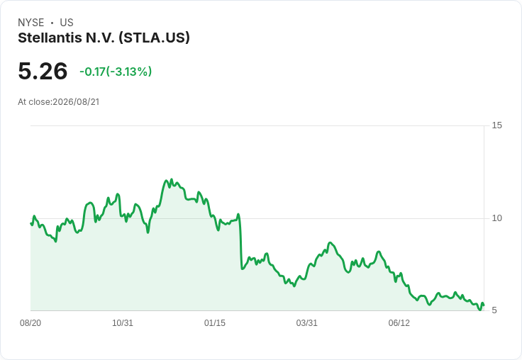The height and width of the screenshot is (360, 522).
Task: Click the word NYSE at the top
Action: tap(31, 23)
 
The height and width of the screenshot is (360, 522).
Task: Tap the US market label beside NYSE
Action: tap(67, 23)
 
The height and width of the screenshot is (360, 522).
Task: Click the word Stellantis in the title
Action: tap(50, 38)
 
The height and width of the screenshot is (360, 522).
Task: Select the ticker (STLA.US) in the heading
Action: tap(154, 38)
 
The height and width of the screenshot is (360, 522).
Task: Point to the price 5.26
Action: tap(43, 71)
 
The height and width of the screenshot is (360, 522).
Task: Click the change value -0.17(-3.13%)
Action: tap(116, 72)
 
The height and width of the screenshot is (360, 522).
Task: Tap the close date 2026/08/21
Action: tap(76, 102)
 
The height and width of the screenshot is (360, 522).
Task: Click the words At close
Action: tap(34, 102)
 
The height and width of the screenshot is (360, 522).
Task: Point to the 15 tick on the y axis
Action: tap(496, 125)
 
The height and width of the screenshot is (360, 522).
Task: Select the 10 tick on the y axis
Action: tap(496, 218)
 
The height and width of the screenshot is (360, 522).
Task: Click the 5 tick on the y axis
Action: tap(494, 310)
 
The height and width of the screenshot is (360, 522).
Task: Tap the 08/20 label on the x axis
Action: tap(30, 323)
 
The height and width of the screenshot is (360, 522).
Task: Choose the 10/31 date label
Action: tap(123, 323)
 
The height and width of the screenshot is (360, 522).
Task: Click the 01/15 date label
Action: tap(215, 323)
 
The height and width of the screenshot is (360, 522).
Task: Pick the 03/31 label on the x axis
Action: tap(306, 323)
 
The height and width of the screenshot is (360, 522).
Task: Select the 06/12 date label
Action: tap(399, 323)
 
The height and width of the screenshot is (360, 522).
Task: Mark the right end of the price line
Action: tap(484, 305)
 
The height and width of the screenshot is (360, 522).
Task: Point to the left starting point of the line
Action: tap(31, 224)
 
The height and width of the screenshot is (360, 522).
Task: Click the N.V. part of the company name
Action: tap(100, 38)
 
